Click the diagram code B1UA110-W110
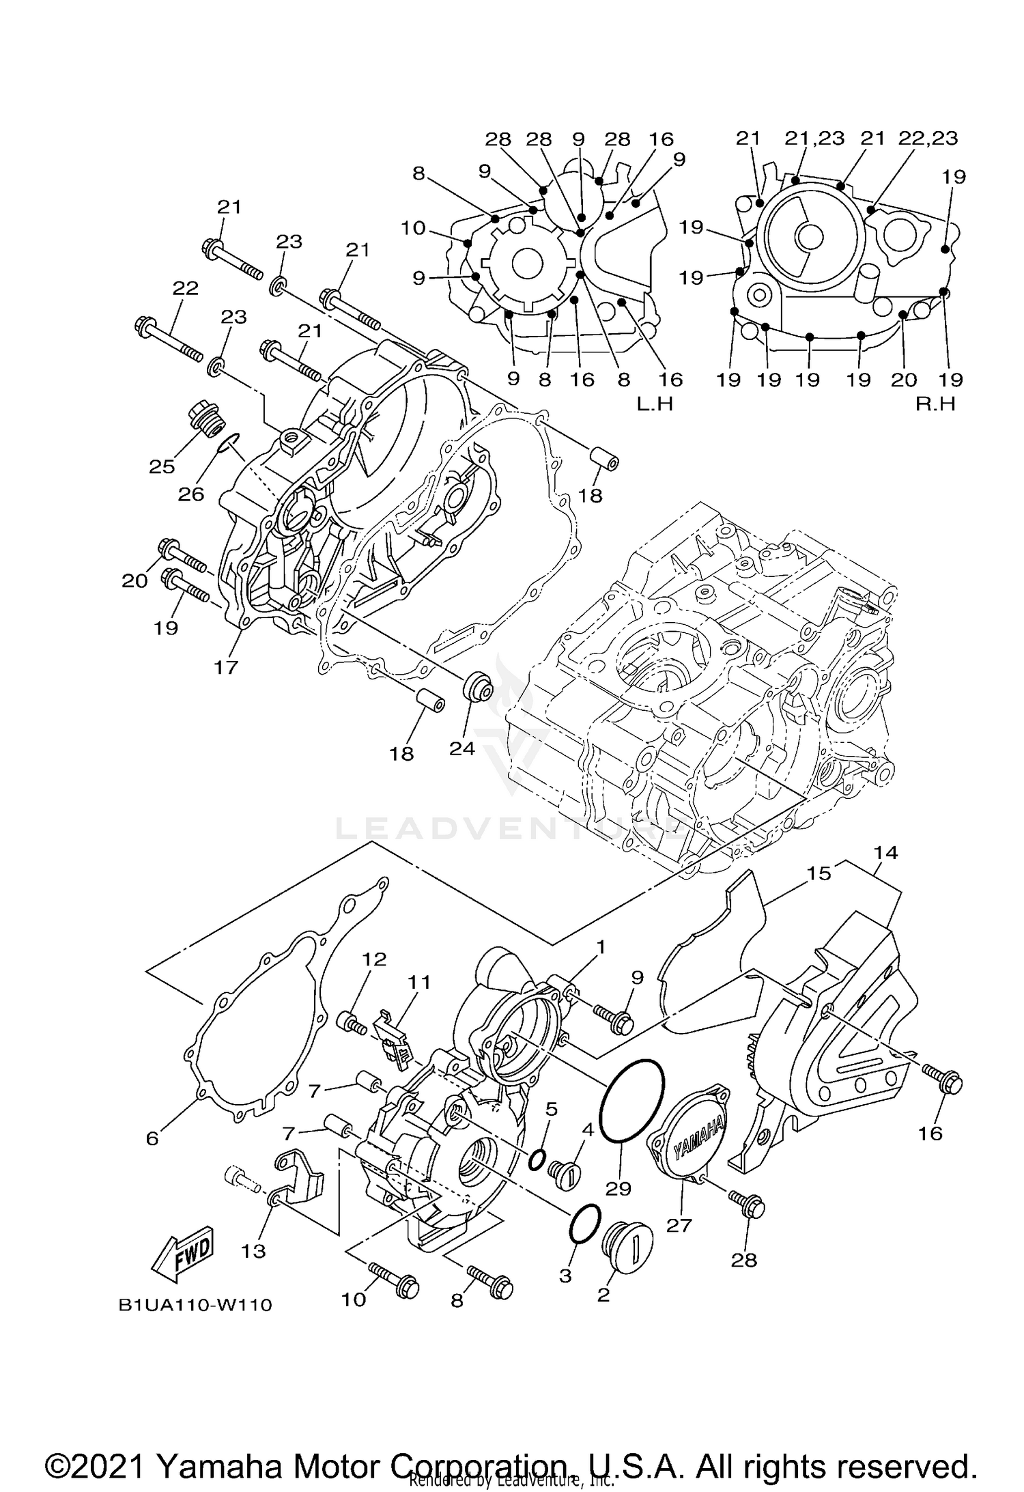(195, 1305)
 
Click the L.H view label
(655, 404)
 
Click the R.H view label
(935, 404)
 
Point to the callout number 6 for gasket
(152, 1138)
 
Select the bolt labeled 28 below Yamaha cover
(747, 1208)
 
